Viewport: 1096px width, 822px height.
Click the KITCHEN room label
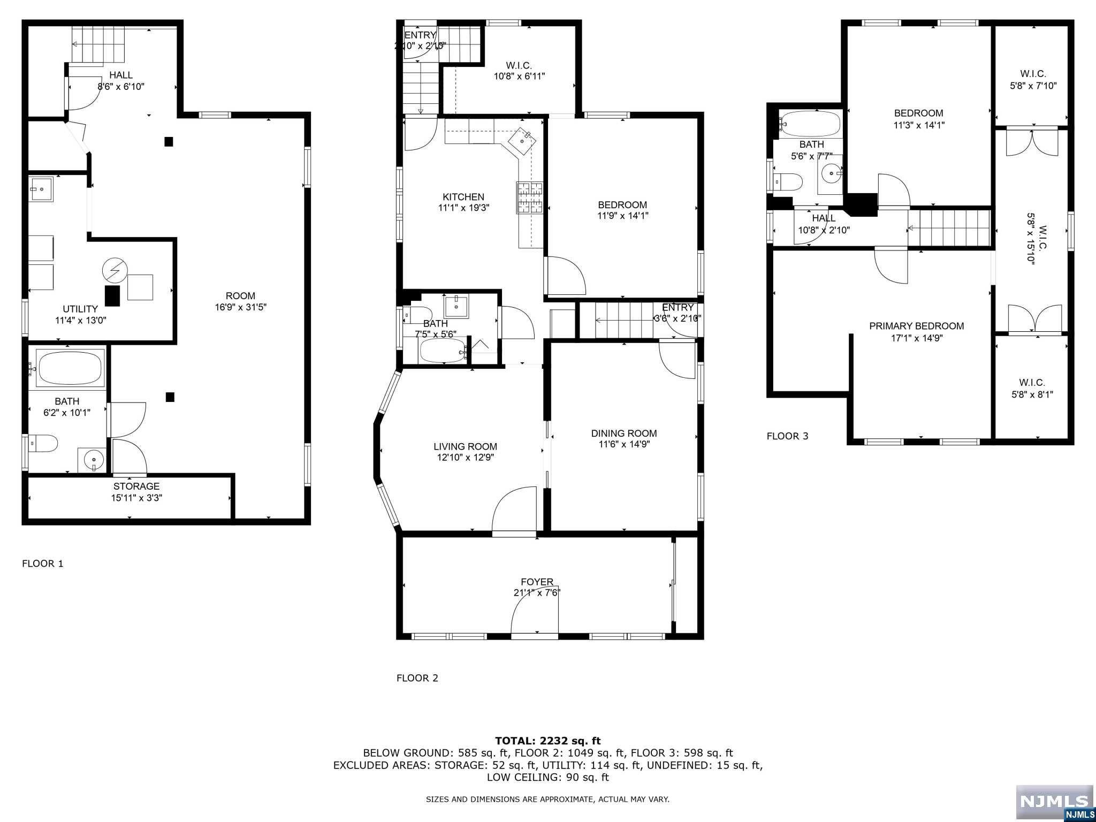(x=463, y=197)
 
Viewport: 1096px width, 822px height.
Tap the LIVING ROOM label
(x=465, y=446)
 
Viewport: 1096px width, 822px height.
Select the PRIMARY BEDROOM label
(x=916, y=326)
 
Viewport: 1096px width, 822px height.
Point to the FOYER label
(x=537, y=582)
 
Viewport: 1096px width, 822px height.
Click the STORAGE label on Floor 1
(x=136, y=486)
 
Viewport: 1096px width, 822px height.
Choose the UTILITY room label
(x=80, y=309)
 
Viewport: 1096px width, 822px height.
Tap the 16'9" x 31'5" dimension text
(x=240, y=307)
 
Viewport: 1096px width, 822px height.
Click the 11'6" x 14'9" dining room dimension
(x=623, y=444)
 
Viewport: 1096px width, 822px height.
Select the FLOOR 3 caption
(x=787, y=436)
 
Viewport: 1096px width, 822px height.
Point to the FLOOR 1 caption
(x=42, y=564)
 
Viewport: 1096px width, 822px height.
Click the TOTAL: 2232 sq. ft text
(x=547, y=741)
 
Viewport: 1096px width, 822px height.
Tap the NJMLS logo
(x=1054, y=802)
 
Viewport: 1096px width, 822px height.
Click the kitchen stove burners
(x=529, y=198)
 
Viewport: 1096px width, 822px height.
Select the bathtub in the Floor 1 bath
(x=70, y=368)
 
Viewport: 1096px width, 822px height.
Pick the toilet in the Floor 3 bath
(x=790, y=182)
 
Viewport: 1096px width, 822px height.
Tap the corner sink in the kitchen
(x=521, y=140)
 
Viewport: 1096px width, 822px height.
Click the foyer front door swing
(x=535, y=615)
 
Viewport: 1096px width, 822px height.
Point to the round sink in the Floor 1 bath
(x=94, y=460)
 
